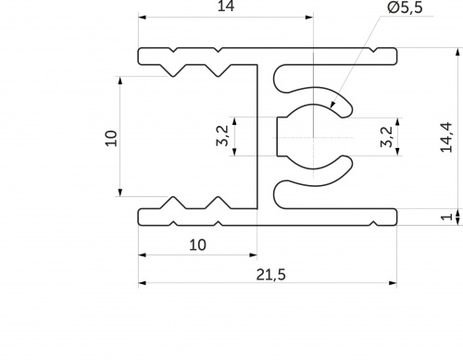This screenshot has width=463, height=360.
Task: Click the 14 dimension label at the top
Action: tap(226, 6)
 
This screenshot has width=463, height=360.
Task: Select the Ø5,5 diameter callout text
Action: tap(405, 7)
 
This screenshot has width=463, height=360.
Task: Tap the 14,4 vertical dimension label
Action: tap(446, 138)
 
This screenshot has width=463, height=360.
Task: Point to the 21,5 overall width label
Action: tap(271, 275)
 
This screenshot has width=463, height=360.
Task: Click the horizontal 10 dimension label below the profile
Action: tap(197, 245)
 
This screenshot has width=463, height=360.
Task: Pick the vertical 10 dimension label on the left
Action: tap(111, 139)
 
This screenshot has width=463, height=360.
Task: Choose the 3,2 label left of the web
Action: tap(223, 136)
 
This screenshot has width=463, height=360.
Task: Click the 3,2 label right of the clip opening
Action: tap(387, 137)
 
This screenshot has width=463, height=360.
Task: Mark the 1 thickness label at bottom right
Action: tap(446, 217)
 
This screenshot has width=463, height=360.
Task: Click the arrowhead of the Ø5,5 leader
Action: tap(332, 104)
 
